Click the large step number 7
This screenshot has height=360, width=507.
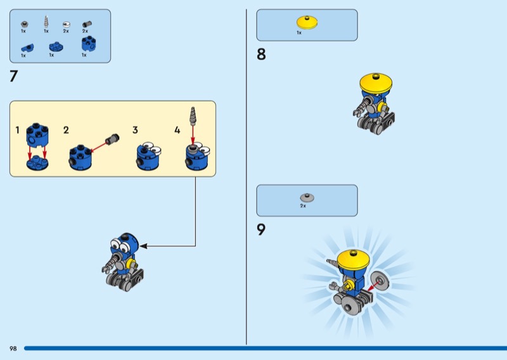point(13,76)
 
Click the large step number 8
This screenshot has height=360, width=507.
point(261,55)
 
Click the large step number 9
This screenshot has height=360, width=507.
point(261,229)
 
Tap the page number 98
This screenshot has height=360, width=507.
point(13,349)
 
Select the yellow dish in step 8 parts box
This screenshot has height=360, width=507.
point(307,22)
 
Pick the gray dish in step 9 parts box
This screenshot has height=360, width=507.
point(307,198)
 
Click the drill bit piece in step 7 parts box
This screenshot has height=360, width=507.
point(46,22)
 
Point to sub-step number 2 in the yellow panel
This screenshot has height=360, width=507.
point(66,130)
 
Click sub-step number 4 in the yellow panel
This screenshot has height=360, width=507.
point(177,130)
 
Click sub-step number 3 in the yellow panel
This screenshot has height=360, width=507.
point(135,130)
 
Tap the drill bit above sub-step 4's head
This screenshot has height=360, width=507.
point(193,116)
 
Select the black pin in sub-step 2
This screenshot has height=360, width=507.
point(112,139)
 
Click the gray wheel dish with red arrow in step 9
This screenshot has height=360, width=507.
point(380,281)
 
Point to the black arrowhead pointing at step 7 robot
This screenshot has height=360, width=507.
point(143,246)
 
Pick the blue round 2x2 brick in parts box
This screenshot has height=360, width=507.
point(89,44)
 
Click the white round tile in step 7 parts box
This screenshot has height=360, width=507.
point(67,24)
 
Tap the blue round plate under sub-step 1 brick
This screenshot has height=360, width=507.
point(37,163)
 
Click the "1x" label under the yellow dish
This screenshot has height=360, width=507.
point(299,33)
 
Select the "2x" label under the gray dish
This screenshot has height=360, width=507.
point(303,206)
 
